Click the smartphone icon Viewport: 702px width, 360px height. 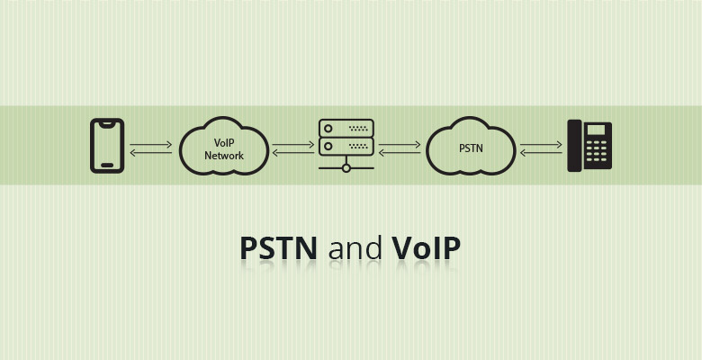click(107, 145)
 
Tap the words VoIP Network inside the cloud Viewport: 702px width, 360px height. click(224, 149)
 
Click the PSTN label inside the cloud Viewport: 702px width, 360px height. click(471, 148)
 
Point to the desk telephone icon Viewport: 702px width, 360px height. click(589, 146)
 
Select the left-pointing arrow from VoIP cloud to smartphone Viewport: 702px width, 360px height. click(151, 152)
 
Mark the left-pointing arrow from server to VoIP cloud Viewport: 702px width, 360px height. click(293, 152)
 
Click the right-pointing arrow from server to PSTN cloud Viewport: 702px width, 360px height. click(400, 144)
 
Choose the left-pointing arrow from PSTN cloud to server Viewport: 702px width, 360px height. click(400, 152)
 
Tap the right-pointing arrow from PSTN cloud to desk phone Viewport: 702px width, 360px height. click(541, 144)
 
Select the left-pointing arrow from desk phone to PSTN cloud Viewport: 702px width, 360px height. click(541, 152)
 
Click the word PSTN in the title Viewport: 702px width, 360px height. click(278, 248)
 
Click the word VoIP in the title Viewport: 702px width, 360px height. click(427, 248)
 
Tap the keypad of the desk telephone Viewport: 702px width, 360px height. click(598, 153)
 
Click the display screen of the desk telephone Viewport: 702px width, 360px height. click(598, 130)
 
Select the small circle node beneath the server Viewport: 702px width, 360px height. click(346, 168)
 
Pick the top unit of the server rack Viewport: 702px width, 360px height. click(346, 128)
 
